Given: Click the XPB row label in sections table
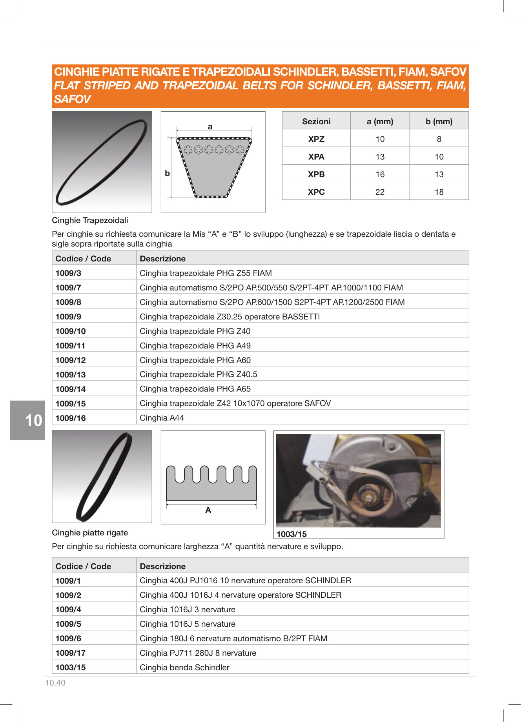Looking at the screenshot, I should click(316, 174).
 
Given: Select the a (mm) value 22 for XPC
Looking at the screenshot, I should click(380, 192).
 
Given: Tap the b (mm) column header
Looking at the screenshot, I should click(439, 122).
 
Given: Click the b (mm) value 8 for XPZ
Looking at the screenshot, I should click(439, 139).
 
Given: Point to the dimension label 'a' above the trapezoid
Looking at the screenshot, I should click(210, 127).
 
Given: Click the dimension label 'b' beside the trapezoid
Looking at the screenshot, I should click(168, 173).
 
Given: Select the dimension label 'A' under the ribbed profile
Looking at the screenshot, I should click(208, 510).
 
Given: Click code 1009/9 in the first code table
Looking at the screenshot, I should click(68, 317).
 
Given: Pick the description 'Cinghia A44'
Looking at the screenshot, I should click(162, 418).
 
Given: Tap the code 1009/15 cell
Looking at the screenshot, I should click(71, 404).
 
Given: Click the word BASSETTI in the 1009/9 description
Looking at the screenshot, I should click(301, 317).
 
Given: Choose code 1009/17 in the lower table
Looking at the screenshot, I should click(71, 653).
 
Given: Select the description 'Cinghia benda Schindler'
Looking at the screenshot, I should click(184, 668).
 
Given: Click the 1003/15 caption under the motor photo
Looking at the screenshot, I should click(291, 534).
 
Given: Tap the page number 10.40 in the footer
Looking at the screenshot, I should click(55, 683).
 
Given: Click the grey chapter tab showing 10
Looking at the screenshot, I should click(28, 420).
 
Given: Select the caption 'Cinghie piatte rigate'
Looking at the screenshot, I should click(90, 533).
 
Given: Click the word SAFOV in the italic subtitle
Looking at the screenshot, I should click(72, 100).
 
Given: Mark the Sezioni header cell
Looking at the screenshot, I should click(316, 122).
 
